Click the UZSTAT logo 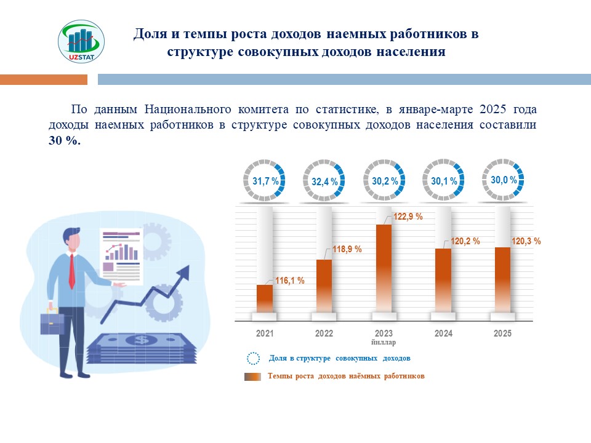pyautogui.click(x=81, y=41)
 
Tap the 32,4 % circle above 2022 pyautogui.click(x=324, y=182)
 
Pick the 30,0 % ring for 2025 pyautogui.click(x=503, y=180)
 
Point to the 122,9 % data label pyautogui.click(x=408, y=217)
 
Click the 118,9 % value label pyautogui.click(x=347, y=249)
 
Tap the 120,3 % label pyautogui.click(x=526, y=241)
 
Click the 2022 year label pyautogui.click(x=324, y=334)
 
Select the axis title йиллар pyautogui.click(x=384, y=343)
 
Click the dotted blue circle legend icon pyautogui.click(x=252, y=358)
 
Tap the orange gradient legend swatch pyautogui.click(x=252, y=376)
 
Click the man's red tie pyautogui.click(x=72, y=271)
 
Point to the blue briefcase pyautogui.click(x=52, y=322)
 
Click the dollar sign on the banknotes pyautogui.click(x=142, y=340)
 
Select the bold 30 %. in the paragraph pyautogui.click(x=65, y=140)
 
